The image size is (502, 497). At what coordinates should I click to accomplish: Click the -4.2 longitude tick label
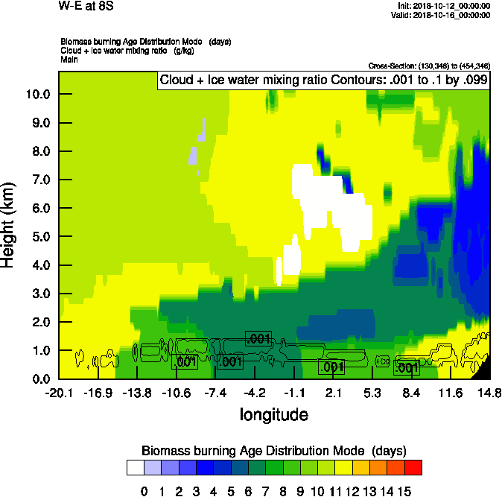[x=255, y=393]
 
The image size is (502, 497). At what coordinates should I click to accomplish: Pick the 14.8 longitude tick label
[x=489, y=393]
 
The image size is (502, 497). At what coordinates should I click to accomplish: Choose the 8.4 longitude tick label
[x=412, y=393]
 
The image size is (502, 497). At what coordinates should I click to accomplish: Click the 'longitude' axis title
[x=273, y=414]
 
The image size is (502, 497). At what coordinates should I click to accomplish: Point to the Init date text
[x=445, y=6]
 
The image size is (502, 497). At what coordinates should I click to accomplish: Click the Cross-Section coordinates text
[x=429, y=66]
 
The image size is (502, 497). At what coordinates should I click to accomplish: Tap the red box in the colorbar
[x=413, y=467]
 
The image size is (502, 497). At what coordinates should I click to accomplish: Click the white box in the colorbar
[x=135, y=467]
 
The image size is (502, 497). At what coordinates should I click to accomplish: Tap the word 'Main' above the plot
[x=69, y=58]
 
